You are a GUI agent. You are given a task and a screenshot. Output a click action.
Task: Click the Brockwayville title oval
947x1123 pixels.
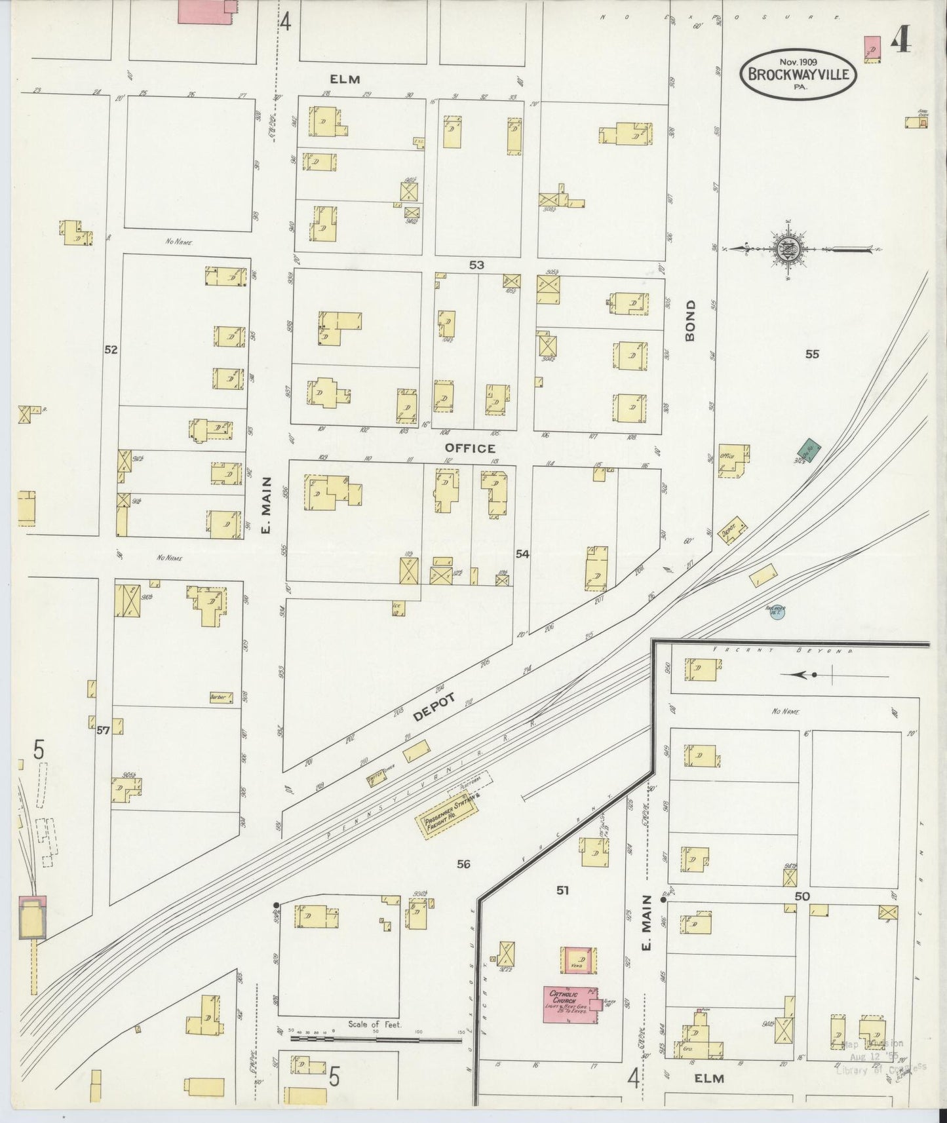point(798,74)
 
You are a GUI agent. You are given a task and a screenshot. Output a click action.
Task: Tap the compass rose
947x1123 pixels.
point(785,249)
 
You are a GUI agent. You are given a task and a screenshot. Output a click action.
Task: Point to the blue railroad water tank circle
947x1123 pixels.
point(777,611)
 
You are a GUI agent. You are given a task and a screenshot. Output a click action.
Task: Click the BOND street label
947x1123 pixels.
point(690,321)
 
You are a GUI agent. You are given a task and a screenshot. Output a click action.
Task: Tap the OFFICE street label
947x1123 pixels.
point(469,448)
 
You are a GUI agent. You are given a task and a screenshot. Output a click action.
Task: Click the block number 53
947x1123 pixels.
point(476,265)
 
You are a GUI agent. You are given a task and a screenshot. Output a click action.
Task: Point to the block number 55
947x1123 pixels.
point(812,354)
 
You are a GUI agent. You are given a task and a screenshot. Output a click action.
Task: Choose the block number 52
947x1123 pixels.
point(111,350)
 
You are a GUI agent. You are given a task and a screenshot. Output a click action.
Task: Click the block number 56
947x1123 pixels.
point(463,864)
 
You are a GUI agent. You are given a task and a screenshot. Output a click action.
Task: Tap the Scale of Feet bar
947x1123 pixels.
point(375,1039)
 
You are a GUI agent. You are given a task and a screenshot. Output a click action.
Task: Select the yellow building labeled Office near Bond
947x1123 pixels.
point(733,460)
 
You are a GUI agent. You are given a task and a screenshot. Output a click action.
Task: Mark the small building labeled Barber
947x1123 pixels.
point(221,697)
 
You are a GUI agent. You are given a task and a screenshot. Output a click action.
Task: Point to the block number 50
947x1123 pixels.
point(802,896)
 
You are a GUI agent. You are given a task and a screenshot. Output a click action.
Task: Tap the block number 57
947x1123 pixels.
point(102,730)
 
